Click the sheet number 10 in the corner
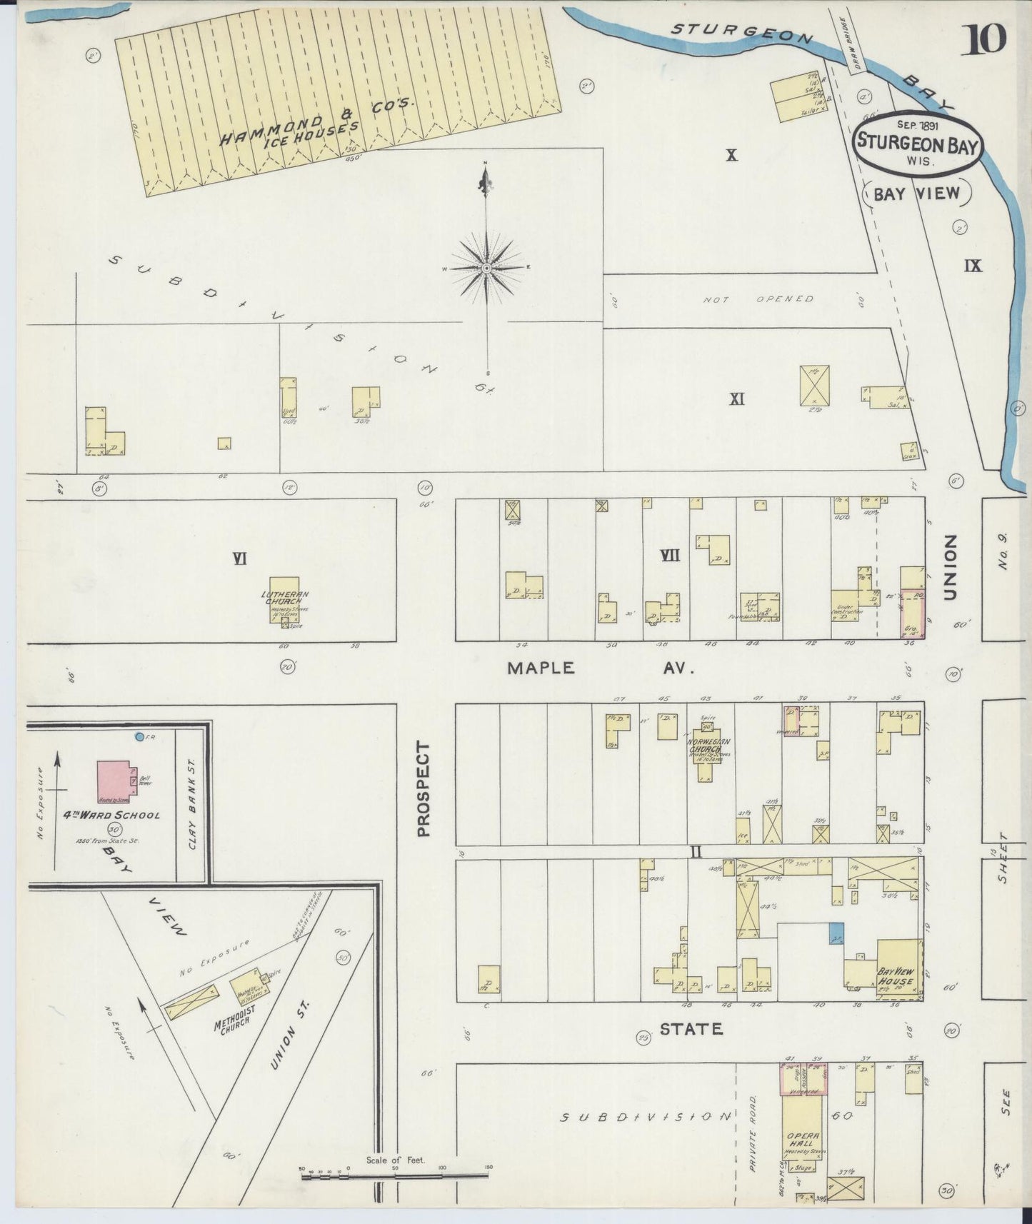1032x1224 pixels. click(x=986, y=39)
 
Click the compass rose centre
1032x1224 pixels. click(x=486, y=268)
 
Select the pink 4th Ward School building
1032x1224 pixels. click(x=114, y=781)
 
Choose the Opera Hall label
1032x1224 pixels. click(x=801, y=1139)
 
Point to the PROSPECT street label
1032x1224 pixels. click(x=424, y=789)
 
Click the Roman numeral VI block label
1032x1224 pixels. click(x=239, y=558)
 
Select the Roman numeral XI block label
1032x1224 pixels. click(x=737, y=399)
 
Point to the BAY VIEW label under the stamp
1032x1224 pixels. click(x=917, y=194)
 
